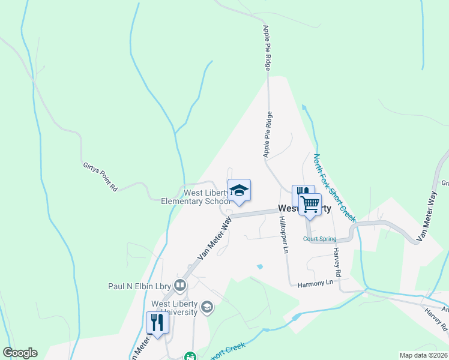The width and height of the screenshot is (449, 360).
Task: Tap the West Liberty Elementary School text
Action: (x=196, y=197)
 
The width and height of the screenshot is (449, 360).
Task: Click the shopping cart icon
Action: (x=310, y=204)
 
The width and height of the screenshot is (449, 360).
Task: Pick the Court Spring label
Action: (x=319, y=238)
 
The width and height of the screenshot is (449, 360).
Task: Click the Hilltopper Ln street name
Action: (x=283, y=235)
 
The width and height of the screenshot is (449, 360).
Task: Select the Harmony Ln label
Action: (x=315, y=283)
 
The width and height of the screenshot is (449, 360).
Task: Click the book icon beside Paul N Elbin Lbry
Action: (x=179, y=284)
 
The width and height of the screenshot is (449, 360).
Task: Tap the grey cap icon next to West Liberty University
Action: (x=206, y=308)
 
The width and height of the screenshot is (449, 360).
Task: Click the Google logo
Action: (x=20, y=353)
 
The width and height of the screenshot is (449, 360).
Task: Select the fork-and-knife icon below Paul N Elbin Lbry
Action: (x=158, y=323)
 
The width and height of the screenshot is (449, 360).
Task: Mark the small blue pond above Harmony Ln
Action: (x=259, y=266)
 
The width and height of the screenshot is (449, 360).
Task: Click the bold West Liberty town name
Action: (x=304, y=209)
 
